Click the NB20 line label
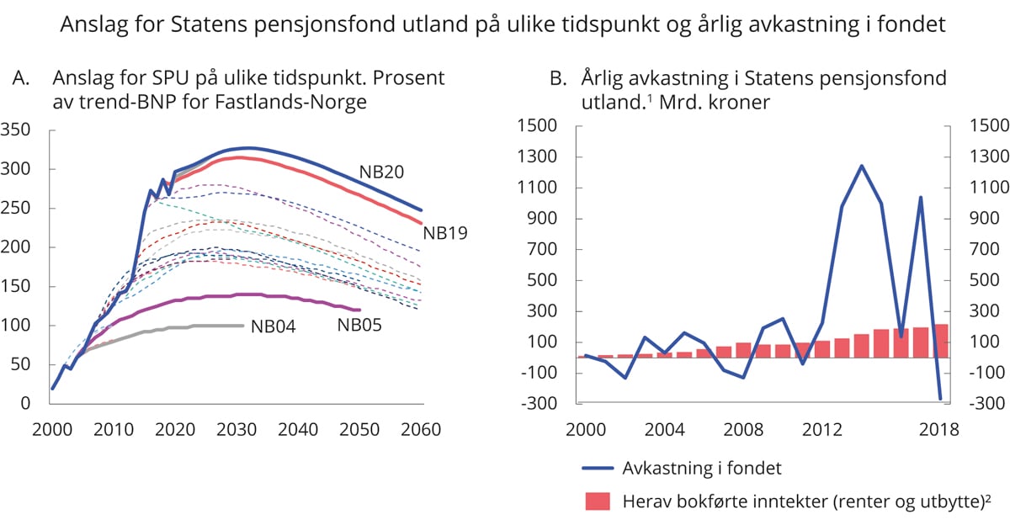coord(381,172)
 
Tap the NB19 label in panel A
coord(445,233)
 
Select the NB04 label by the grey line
coord(273,327)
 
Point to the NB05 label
coord(359,324)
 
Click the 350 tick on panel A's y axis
coord(16,130)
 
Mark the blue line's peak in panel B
coord(862,166)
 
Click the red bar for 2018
coord(940,341)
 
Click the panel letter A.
coord(21,78)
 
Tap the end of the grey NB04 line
coord(243,325)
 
